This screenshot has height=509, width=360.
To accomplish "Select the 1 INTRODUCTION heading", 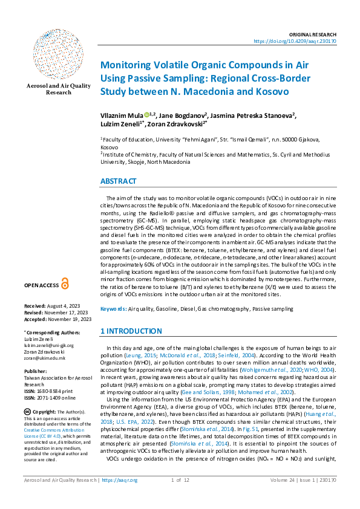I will pyautogui.click(x=131, y=331).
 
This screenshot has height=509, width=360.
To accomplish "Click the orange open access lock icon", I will pyautogui.click(x=65, y=284).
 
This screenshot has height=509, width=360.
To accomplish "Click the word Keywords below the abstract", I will pyautogui.click(x=113, y=309).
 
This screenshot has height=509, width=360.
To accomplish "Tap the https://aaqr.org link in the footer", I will pyautogui.click(x=121, y=498).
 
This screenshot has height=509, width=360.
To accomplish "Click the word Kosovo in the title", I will pyautogui.click(x=268, y=92).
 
